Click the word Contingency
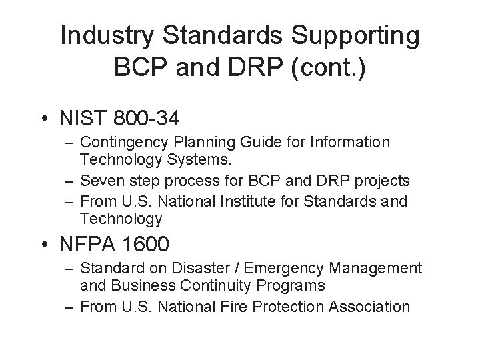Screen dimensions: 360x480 127,142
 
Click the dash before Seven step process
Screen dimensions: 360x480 70,181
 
